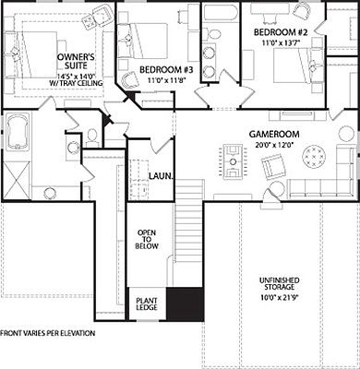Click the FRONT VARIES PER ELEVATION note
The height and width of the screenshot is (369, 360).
click(49, 332)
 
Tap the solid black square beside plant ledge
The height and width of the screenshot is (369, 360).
click(184, 304)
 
